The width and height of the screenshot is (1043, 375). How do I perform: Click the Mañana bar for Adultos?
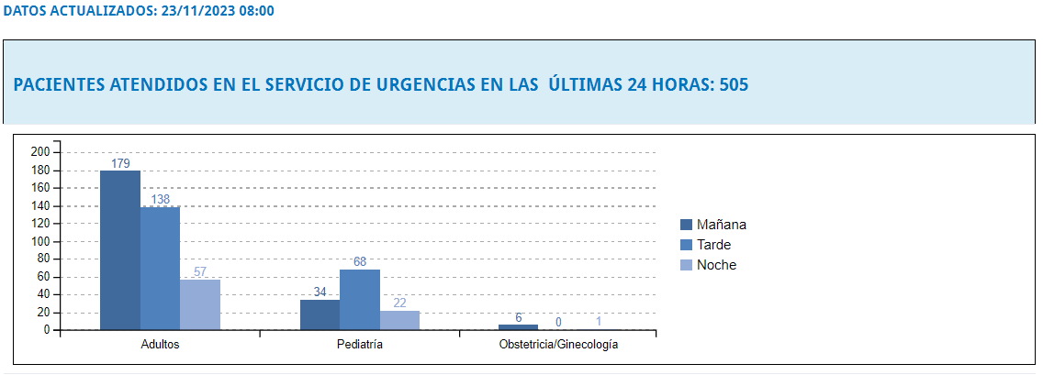pyautogui.click(x=119, y=249)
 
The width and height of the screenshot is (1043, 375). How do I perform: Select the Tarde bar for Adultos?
pyautogui.click(x=160, y=268)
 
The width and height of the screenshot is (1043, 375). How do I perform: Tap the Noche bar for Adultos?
pyautogui.click(x=199, y=304)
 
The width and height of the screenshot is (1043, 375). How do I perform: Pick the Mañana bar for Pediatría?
pyautogui.click(x=320, y=314)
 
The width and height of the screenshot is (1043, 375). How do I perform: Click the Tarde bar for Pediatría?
pyautogui.click(x=359, y=299)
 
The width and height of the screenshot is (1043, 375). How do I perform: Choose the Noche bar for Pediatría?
pyautogui.click(x=399, y=320)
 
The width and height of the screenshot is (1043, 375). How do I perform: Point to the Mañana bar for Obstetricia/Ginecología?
pyautogui.click(x=518, y=326)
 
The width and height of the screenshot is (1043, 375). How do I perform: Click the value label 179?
pyautogui.click(x=120, y=163)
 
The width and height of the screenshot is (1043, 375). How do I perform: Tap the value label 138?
pyautogui.click(x=160, y=199)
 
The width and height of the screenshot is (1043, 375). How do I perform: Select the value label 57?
pyautogui.click(x=200, y=271)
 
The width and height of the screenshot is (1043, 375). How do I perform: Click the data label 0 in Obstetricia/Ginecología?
pyautogui.click(x=558, y=322)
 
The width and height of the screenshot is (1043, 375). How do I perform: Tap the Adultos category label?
pyautogui.click(x=160, y=346)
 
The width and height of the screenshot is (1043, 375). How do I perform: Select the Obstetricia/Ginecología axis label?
pyautogui.click(x=558, y=346)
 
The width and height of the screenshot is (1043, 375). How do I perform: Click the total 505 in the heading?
pyautogui.click(x=735, y=85)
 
